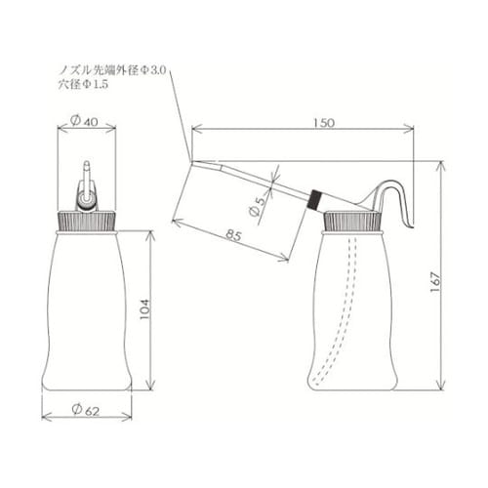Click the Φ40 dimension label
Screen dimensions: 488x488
tap(84, 121)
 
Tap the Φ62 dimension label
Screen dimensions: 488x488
tap(86, 410)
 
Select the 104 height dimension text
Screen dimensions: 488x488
tap(145, 309)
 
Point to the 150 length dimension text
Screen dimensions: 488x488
tap(324, 123)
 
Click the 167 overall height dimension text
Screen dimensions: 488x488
tap(435, 282)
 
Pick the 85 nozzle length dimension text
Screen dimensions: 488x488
tap(233, 234)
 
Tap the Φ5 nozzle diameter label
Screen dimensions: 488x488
tap(258, 207)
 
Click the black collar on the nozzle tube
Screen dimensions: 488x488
tap(315, 199)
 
